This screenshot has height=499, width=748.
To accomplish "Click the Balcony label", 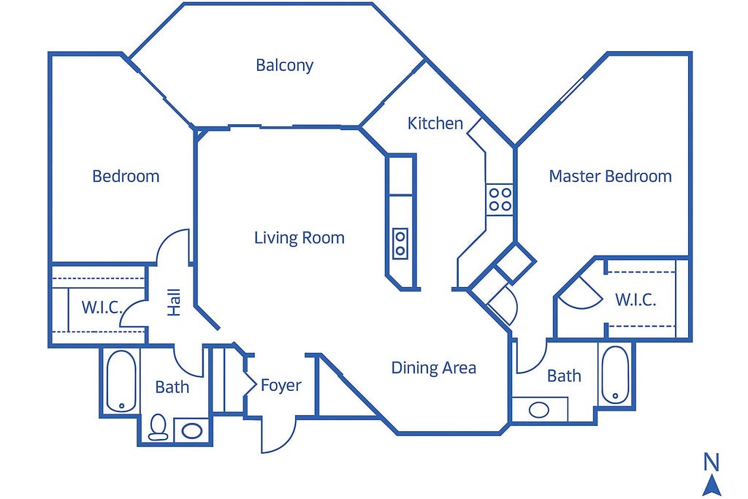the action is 284,65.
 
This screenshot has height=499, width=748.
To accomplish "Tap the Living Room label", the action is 299,237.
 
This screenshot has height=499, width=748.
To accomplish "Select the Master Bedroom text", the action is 610,176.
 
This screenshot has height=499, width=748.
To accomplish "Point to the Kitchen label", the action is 435,123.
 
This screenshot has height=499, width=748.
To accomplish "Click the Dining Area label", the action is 434,367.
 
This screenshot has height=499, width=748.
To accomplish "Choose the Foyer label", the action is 281,386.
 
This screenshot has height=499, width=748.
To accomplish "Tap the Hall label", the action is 174,302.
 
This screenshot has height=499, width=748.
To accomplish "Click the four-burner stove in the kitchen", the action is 500,199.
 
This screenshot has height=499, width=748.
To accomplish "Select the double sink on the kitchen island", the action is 400,243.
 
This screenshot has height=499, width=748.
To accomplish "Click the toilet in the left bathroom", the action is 158,427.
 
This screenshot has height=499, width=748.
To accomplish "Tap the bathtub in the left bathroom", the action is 121,381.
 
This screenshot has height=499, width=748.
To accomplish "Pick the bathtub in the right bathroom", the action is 615,375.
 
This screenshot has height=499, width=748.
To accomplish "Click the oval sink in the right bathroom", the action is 539,410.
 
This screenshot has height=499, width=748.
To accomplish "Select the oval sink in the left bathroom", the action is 192,431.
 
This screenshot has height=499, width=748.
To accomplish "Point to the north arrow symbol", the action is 711,485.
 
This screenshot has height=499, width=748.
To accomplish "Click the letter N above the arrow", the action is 711,462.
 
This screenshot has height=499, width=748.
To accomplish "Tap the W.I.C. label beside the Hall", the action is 102,308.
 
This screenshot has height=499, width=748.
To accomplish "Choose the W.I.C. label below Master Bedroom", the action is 636,300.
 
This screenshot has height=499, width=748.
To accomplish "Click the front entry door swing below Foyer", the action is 279,435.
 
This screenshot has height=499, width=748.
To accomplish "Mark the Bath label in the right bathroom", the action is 564,376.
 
